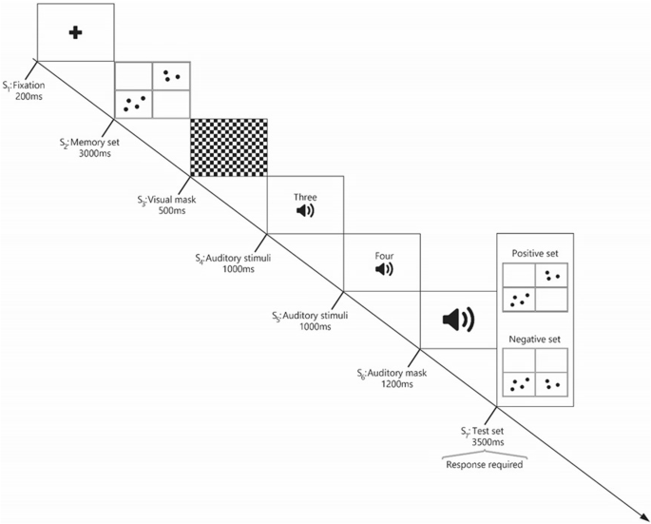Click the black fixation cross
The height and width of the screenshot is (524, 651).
(75, 32)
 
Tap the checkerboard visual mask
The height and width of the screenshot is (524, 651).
(228, 146)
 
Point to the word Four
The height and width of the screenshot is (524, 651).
(383, 255)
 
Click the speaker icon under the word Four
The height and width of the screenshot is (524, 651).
(383, 270)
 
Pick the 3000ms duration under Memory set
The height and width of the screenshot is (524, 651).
(92, 152)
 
